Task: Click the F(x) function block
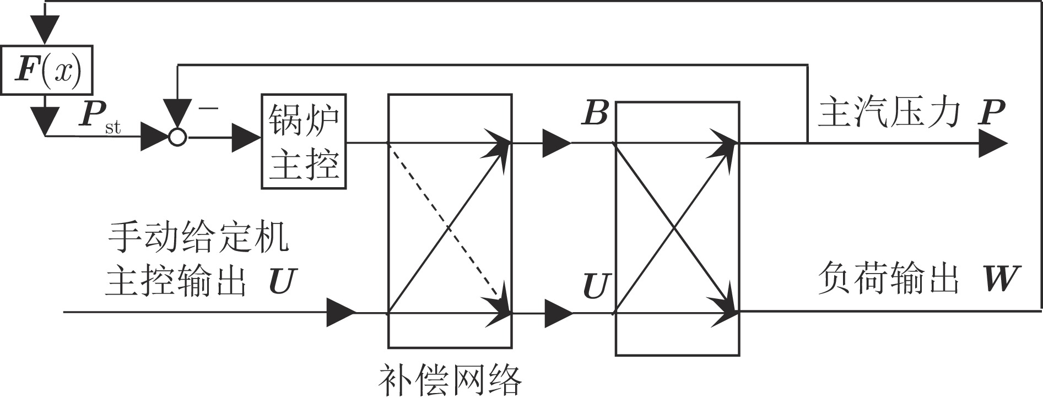coord(46,70)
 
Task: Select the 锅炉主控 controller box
coord(304,141)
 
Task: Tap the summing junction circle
coord(177,137)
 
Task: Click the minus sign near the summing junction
coord(209,108)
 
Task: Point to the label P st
coord(99,117)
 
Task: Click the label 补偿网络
coord(450,379)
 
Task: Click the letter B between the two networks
coord(595,113)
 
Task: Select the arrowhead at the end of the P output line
coord(993,143)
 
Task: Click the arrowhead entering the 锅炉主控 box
coord(246,138)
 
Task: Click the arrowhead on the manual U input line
coord(341,312)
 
